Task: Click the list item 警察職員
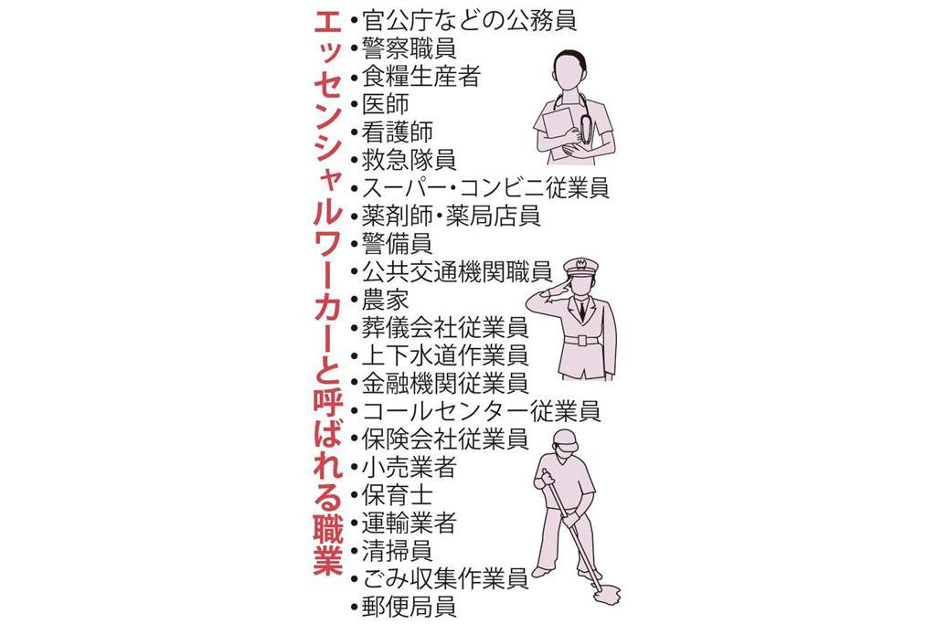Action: tap(409, 48)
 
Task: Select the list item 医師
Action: tap(386, 104)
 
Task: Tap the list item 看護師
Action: tap(398, 132)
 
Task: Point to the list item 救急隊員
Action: tap(409, 160)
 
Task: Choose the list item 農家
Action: tap(386, 300)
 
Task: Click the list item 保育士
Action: tap(398, 494)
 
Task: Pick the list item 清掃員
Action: tap(398, 551)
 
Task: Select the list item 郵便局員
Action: tap(409, 607)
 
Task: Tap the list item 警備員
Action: tap(398, 243)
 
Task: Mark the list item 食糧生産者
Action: tap(421, 76)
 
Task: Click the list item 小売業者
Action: tap(409, 467)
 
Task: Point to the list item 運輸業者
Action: tap(409, 523)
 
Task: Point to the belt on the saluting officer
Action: tap(582, 341)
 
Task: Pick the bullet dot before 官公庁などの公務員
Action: tap(355, 22)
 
